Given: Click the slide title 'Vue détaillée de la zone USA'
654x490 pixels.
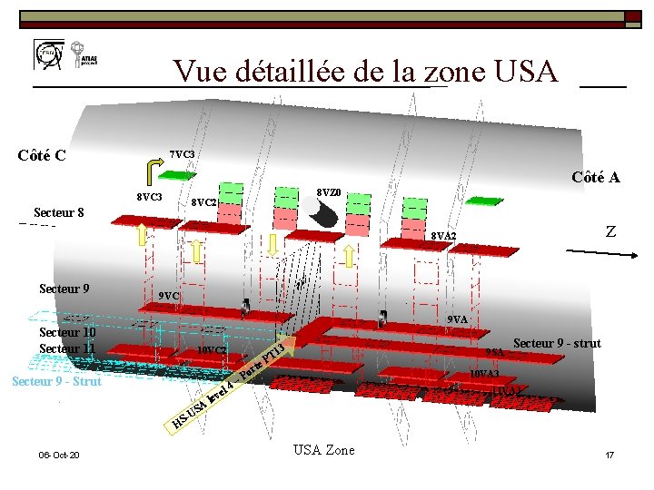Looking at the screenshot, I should click(365, 71).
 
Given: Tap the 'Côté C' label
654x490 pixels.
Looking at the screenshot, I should click(41, 154).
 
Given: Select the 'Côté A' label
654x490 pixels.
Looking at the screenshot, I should click(595, 177).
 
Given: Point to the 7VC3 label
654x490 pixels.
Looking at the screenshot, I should click(183, 154).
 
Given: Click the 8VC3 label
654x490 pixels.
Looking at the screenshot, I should click(148, 197).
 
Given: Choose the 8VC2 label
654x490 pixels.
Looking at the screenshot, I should click(203, 202).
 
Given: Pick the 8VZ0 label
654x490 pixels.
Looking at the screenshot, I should click(328, 192).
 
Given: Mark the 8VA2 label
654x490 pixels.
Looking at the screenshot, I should click(443, 237).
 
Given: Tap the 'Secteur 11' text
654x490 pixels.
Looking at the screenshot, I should click(66, 348).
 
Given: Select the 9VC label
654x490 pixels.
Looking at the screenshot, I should click(168, 296).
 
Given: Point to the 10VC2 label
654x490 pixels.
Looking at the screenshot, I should click(212, 350).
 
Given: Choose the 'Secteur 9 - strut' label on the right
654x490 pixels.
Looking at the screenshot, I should click(557, 343).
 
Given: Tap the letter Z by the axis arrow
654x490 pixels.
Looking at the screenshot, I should click(610, 232).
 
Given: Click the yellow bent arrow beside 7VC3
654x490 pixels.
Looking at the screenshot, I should click(150, 170).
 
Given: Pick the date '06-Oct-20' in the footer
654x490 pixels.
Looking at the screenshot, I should click(58, 455).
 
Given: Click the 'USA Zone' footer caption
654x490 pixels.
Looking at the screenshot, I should click(324, 450).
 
